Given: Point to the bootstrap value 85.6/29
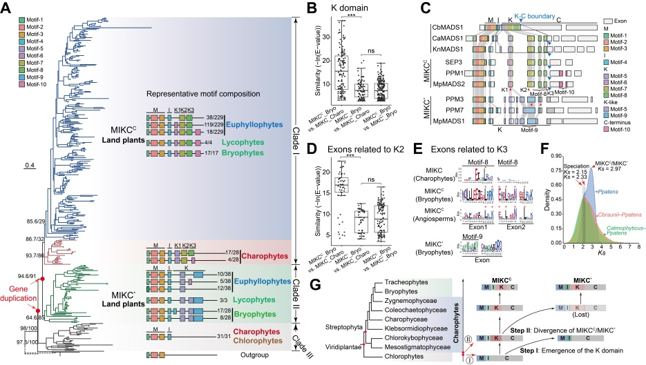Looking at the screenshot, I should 28,221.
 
